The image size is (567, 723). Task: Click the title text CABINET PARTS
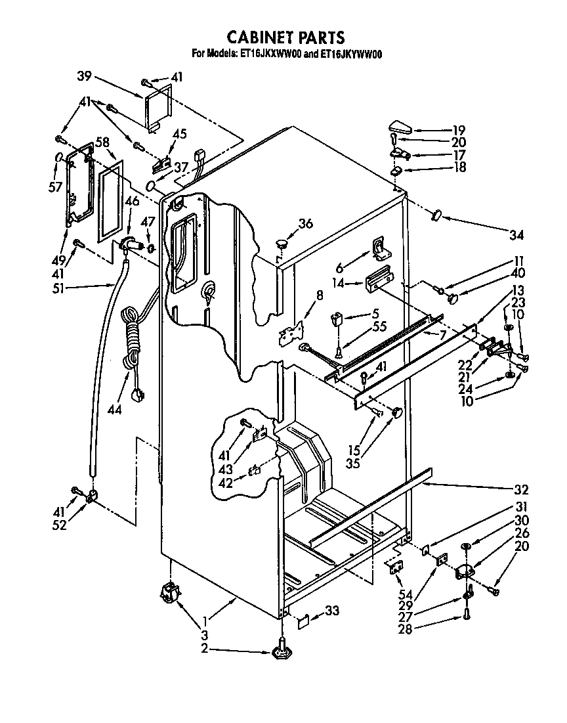point(285,37)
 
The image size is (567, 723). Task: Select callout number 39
point(84,76)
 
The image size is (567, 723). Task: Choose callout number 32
point(521,489)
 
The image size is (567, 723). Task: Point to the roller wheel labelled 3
point(170,595)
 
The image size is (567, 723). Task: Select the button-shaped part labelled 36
point(282,244)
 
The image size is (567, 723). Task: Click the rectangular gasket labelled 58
point(110,204)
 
